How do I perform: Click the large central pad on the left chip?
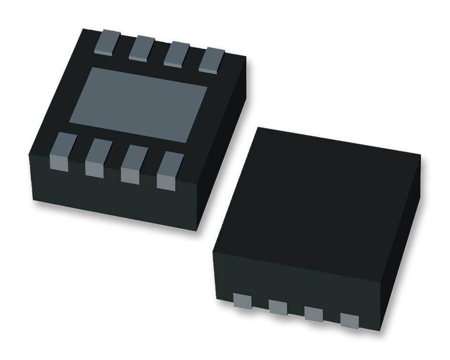139,102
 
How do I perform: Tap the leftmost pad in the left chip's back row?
107,42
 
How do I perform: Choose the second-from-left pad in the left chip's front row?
96,158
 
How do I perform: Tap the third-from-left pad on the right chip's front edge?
313,314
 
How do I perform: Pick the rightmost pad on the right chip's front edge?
349,320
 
